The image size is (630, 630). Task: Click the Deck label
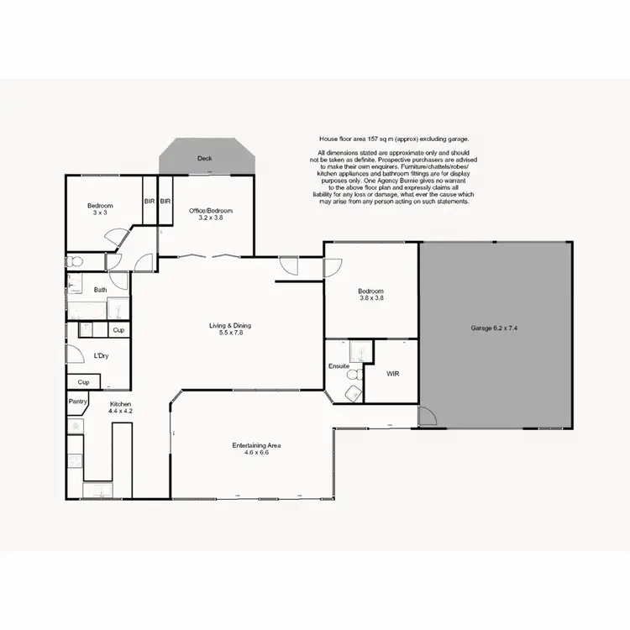(204, 158)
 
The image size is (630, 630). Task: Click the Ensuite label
(339, 367)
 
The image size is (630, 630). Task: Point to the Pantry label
(78, 402)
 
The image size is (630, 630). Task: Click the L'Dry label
(101, 356)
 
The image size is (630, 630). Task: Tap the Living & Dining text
(230, 326)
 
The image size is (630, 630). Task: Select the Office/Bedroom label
(210, 210)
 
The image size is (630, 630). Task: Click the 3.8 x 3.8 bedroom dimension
(371, 297)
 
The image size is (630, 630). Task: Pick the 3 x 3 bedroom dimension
(100, 213)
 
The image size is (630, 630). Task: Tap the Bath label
(100, 290)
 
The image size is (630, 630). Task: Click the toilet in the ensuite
(354, 374)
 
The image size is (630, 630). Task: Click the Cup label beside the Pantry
(83, 382)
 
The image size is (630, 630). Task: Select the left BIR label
(150, 202)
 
